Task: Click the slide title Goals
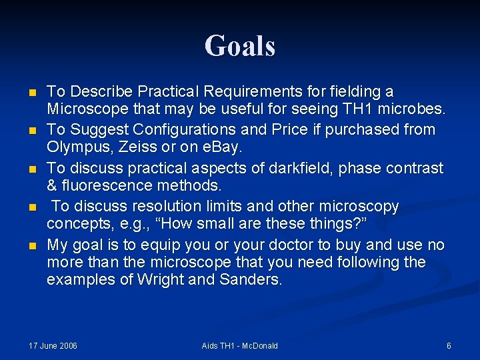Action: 240,46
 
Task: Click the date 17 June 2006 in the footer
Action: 53,345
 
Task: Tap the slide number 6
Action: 449,345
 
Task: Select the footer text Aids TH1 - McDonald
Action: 239,345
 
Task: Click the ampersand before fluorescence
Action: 52,185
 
